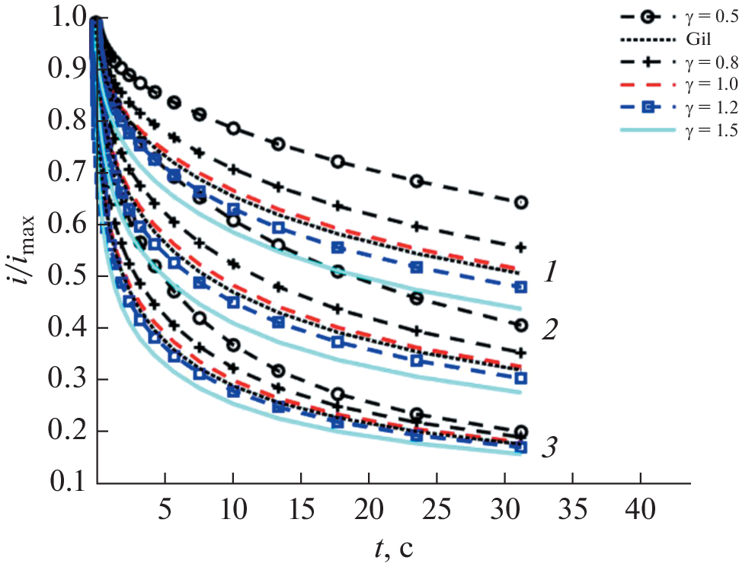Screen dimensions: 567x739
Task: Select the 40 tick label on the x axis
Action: (640, 508)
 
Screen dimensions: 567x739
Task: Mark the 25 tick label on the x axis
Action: (437, 508)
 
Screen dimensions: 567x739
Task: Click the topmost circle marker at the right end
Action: (522, 202)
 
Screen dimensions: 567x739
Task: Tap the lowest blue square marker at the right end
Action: (522, 447)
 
